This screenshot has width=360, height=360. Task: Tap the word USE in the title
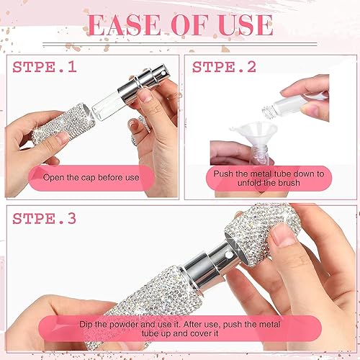[240, 24]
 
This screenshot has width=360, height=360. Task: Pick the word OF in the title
[185, 24]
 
